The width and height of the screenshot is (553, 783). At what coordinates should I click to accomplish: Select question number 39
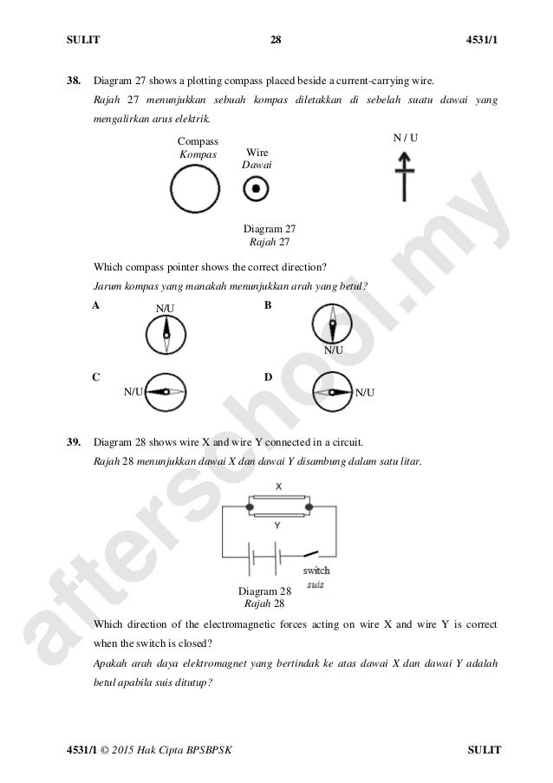coord(74,441)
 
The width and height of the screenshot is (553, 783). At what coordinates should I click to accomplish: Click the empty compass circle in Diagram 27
coord(195,188)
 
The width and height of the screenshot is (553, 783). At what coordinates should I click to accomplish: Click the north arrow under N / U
coord(403,174)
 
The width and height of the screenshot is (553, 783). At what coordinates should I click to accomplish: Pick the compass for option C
coord(166,392)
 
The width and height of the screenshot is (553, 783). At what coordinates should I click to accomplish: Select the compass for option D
coord(332,392)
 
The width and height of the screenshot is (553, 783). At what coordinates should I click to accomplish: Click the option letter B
coord(268,305)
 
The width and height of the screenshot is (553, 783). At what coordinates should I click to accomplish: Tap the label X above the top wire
coord(278,487)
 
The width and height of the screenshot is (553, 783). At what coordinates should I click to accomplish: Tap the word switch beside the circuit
coord(316,571)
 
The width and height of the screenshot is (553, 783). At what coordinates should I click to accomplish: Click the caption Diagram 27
coord(269,229)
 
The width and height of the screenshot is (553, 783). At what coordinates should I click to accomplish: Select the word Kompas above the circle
coord(197,153)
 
